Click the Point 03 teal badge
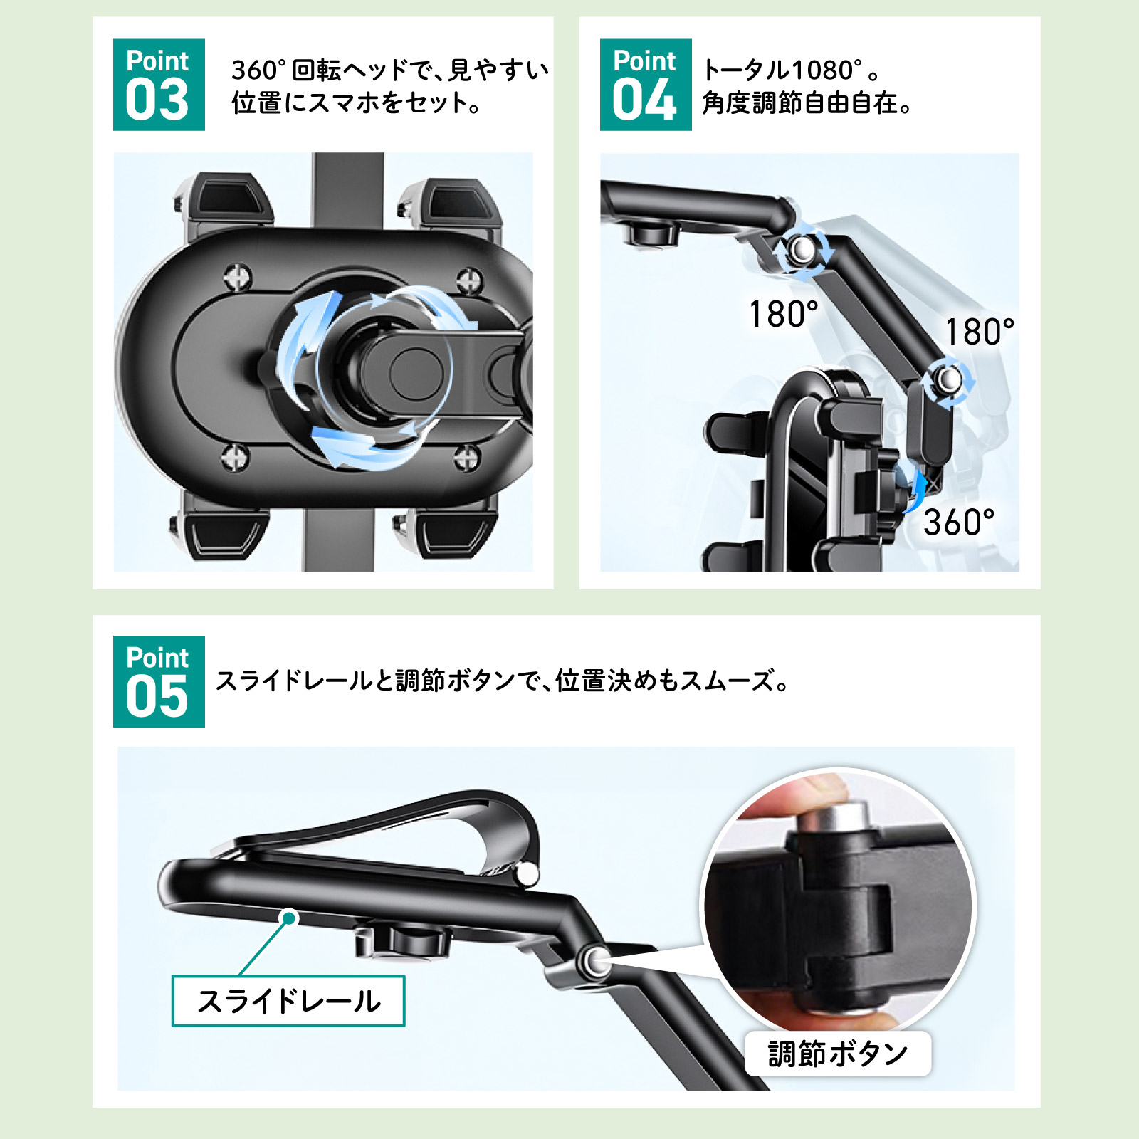click(x=159, y=85)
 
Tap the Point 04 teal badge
click(x=646, y=85)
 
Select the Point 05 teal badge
click(x=159, y=681)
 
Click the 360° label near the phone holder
click(x=958, y=522)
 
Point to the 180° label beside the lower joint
click(x=979, y=332)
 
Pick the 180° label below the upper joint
click(x=783, y=314)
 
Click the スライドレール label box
click(x=288, y=1001)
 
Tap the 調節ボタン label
click(x=838, y=1054)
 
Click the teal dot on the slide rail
click(x=289, y=918)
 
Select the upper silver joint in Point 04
click(x=802, y=249)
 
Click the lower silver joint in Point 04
click(x=948, y=379)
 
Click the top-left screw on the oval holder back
click(x=237, y=276)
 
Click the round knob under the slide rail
click(x=402, y=940)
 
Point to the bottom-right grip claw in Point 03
click(x=445, y=530)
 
